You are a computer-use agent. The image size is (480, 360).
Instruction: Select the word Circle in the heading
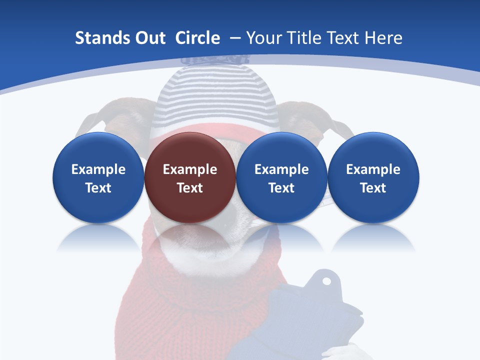click(197, 38)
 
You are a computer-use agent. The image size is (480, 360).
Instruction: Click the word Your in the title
click(263, 38)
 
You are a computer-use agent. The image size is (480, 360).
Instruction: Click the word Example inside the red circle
click(190, 169)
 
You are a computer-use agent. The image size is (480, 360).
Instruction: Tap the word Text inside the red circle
click(190, 188)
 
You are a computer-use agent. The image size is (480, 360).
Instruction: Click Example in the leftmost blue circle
click(98, 169)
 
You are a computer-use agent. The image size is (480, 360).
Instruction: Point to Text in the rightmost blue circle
click(373, 188)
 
